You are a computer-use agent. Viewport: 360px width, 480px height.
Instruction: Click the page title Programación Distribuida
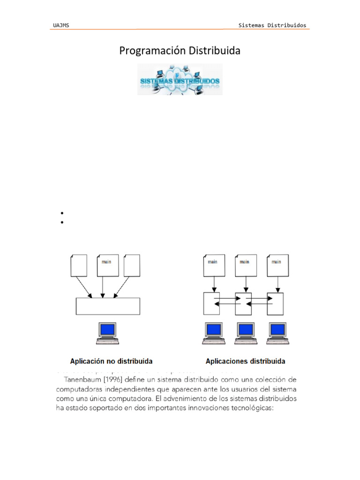[180, 51]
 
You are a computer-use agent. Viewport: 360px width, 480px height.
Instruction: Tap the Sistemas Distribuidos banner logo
[180, 80]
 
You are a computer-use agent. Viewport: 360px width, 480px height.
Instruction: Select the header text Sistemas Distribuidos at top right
[273, 25]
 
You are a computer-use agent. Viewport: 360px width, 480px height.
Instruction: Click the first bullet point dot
[61, 214]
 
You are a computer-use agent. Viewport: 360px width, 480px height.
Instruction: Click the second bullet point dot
[61, 223]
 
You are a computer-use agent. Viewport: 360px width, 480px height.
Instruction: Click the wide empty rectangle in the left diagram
[107, 306]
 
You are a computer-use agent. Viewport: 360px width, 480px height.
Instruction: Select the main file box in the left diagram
[107, 265]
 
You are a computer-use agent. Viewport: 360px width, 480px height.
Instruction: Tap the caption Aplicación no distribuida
[111, 361]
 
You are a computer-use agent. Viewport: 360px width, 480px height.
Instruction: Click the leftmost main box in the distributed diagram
[213, 265]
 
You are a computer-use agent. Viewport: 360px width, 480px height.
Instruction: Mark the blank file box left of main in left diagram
[78, 265]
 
